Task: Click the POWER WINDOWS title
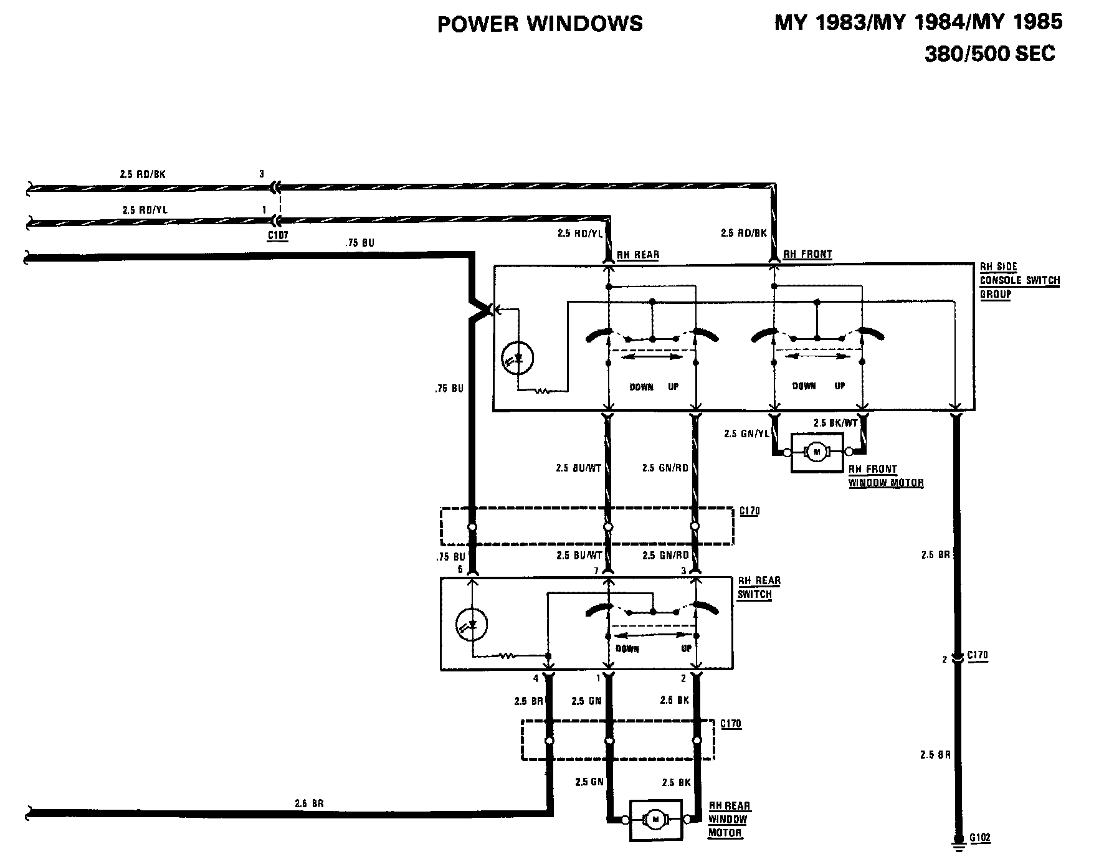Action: tap(540, 24)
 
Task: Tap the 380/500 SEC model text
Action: tap(989, 54)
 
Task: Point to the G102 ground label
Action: tap(979, 838)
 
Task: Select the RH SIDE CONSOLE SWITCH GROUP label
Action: tap(1019, 280)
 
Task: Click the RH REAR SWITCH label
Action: tap(758, 587)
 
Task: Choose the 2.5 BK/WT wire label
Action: tap(835, 423)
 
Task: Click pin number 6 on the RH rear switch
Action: tap(460, 569)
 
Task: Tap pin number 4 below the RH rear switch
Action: tap(535, 678)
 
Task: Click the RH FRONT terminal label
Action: tap(807, 254)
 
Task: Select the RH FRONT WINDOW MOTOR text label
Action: tap(885, 476)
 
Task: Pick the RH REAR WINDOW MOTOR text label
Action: tap(728, 819)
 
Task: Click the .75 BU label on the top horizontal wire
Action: tap(359, 242)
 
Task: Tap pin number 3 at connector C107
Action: tap(262, 174)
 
